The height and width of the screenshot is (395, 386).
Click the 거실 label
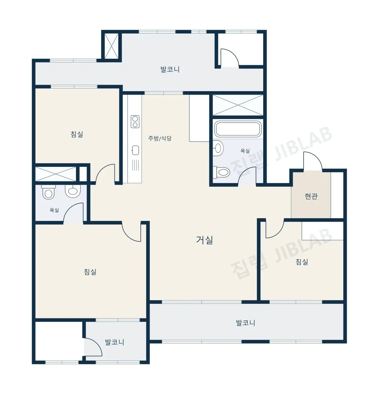coord(205,240)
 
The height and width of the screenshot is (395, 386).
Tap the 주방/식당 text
coord(160,138)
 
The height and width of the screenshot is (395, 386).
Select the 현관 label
coord(311,196)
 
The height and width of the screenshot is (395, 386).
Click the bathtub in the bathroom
coord(238,129)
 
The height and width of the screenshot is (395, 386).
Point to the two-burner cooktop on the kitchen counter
coord(135,122)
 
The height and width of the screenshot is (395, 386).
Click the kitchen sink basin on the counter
coord(135,151)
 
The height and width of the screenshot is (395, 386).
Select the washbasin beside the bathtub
coord(218,148)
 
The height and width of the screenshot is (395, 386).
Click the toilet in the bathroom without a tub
coord(49,192)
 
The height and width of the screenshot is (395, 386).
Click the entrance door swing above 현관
coord(313,161)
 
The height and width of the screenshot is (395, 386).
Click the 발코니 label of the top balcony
coord(170,69)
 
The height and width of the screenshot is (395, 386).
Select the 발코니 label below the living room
coord(246,323)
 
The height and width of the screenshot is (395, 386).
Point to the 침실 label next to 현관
coord(302,262)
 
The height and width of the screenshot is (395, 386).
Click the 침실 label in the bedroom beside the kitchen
coord(77,134)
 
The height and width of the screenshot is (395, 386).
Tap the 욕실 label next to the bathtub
coord(245,151)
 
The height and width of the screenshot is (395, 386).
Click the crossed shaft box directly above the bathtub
coord(238,105)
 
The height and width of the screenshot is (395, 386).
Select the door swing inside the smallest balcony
coord(93,347)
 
